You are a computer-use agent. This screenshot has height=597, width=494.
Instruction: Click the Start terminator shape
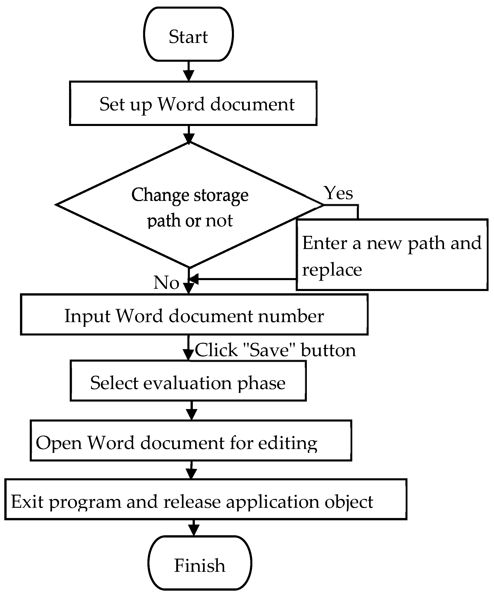(x=188, y=34)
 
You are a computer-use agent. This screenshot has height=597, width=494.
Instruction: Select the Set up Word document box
(x=193, y=104)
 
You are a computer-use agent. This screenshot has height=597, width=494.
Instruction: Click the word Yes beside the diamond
(x=338, y=193)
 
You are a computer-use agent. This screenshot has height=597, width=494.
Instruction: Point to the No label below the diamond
(x=166, y=283)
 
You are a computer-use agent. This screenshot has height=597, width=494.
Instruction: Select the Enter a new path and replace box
(x=392, y=255)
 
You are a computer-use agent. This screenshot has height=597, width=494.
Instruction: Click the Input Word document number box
(x=194, y=315)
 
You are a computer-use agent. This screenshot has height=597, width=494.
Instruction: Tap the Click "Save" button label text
(x=275, y=350)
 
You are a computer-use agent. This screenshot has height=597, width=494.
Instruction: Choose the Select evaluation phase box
(x=188, y=381)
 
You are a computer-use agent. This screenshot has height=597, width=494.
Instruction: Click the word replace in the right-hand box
(x=332, y=269)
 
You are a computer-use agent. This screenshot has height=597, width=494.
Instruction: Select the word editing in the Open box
(x=288, y=443)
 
